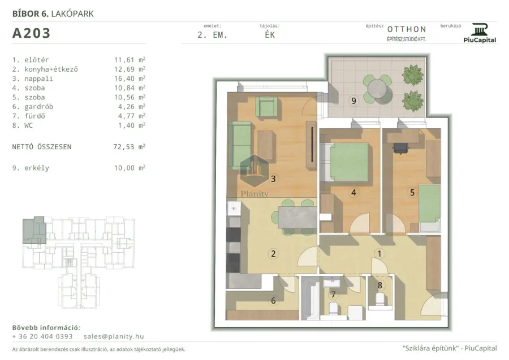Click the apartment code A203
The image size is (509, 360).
32,33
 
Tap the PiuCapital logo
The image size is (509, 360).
480,33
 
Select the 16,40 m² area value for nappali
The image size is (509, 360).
130,79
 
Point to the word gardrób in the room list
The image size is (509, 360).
38,107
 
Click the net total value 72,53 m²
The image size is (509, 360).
129,146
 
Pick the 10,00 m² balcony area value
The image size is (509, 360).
130,168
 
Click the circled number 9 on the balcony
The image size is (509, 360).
353,101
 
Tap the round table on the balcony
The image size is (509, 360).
377,88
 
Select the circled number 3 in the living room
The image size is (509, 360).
273,179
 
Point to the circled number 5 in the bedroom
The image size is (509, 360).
412,193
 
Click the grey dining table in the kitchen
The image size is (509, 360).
297,217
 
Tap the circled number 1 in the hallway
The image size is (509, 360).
379,254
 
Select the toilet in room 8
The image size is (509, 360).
380,300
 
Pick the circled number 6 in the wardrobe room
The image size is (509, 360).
273,301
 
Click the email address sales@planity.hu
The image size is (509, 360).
114,337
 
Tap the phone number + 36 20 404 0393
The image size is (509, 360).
42,337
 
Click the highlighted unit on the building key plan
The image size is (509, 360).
34,230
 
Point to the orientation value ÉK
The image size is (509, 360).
270,34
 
